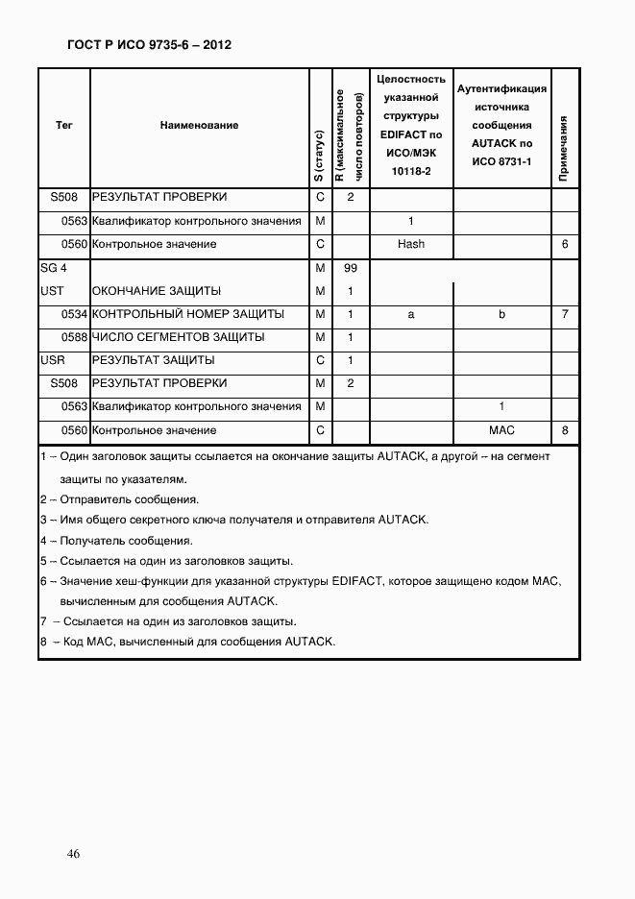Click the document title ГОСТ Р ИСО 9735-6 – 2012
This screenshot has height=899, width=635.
click(x=149, y=45)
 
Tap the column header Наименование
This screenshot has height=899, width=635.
click(x=200, y=125)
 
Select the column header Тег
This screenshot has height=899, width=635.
click(x=64, y=125)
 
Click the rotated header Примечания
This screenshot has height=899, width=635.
click(x=565, y=149)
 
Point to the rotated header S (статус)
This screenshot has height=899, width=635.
click(x=319, y=155)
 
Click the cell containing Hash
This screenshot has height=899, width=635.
click(x=411, y=245)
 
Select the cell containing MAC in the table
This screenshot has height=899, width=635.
click(x=501, y=431)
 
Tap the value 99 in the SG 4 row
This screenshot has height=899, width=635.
click(x=351, y=268)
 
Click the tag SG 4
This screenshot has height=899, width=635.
click(x=54, y=268)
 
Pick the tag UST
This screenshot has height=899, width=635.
click(x=53, y=291)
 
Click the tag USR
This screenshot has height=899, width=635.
click(x=54, y=361)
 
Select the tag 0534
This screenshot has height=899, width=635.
click(x=74, y=315)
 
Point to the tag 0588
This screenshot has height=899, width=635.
click(x=74, y=338)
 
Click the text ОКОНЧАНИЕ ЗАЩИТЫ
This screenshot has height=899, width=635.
click(x=157, y=291)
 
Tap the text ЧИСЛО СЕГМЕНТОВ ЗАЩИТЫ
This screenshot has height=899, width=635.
click(x=179, y=338)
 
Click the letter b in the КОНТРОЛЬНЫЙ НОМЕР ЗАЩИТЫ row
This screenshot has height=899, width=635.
click(x=501, y=315)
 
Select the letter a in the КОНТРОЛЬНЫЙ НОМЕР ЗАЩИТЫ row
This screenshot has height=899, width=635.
click(x=411, y=315)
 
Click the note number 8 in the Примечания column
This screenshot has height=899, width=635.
click(x=565, y=431)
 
